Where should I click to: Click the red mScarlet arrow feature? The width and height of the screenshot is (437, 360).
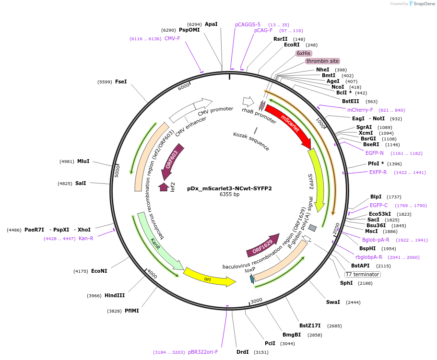[288, 126]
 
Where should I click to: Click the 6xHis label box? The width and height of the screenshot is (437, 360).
[303, 53]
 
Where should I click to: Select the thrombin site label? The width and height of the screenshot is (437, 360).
[322, 61]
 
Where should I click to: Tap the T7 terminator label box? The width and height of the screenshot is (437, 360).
[363, 274]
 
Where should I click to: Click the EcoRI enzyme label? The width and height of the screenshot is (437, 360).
[292, 45]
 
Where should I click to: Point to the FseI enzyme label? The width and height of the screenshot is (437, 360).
[121, 81]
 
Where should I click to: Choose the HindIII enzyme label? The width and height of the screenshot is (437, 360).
[115, 295]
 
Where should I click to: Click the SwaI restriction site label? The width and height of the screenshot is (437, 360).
[333, 302]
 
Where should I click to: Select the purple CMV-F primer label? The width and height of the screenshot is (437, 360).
[172, 38]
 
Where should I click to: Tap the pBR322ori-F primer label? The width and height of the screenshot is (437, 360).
[203, 352]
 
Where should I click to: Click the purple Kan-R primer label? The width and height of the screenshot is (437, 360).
[86, 238]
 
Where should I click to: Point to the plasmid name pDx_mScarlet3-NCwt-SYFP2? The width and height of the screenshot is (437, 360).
[229, 188]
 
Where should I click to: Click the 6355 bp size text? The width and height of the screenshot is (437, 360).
[229, 195]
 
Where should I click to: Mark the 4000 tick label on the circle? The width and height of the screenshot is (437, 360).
[152, 274]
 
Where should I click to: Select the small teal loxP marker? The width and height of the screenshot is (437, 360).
[252, 279]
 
